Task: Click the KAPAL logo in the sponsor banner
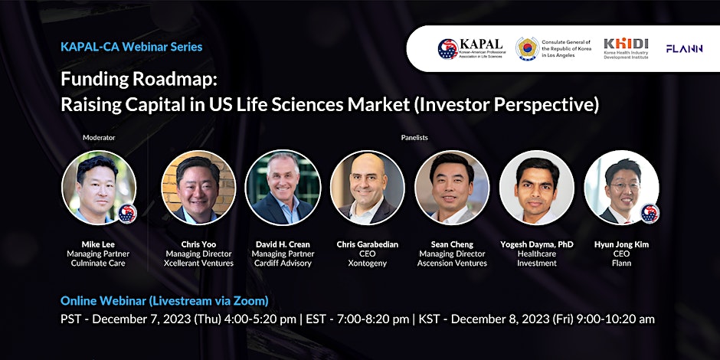[472, 49]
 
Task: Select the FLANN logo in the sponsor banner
[684, 49]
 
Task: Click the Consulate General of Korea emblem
[527, 49]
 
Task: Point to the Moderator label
[99, 137]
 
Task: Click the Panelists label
[414, 137]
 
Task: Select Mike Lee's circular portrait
[99, 188]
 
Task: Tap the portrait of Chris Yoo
[198, 188]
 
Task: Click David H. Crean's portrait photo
[283, 188]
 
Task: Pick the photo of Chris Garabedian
[368, 188]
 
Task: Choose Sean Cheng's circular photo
[452, 188]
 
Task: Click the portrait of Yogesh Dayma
[537, 188]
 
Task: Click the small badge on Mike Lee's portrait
[126, 214]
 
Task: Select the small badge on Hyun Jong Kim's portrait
[650, 214]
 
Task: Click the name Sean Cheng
[452, 244]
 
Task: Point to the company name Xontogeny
[368, 263]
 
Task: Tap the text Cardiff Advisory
[283, 263]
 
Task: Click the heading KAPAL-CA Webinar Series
[131, 47]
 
